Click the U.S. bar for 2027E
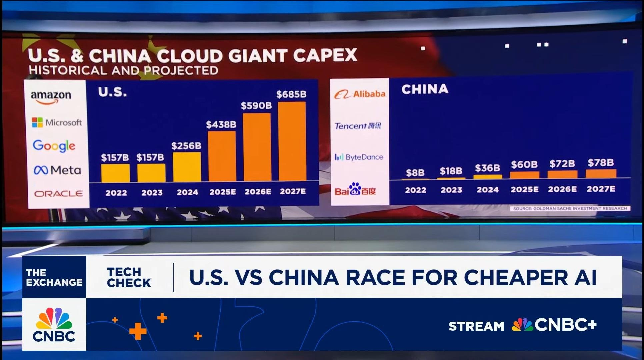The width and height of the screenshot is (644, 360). (x=292, y=141)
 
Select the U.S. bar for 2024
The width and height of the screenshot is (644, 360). (x=187, y=167)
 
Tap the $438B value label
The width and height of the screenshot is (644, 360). (x=221, y=125)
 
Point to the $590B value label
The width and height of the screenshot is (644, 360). (x=256, y=106)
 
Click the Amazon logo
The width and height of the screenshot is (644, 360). (x=51, y=97)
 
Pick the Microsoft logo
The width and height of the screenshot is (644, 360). (x=57, y=122)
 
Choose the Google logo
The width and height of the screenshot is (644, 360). (x=54, y=146)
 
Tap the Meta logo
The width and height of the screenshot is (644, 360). (x=57, y=170)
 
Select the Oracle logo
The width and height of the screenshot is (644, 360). (x=58, y=193)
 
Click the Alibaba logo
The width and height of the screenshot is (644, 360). (x=360, y=94)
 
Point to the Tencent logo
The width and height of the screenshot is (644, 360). (x=358, y=126)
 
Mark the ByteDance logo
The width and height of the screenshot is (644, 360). (x=359, y=157)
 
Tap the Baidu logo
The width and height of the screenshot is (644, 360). (x=355, y=189)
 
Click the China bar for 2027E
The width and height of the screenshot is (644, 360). (x=601, y=174)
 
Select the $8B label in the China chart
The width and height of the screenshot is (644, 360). (x=415, y=173)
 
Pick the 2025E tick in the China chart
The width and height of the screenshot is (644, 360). (x=524, y=189)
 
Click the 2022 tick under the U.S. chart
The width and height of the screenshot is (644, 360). (x=116, y=193)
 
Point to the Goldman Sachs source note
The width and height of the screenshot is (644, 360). (x=570, y=208)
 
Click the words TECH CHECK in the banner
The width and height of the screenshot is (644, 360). (x=129, y=277)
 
